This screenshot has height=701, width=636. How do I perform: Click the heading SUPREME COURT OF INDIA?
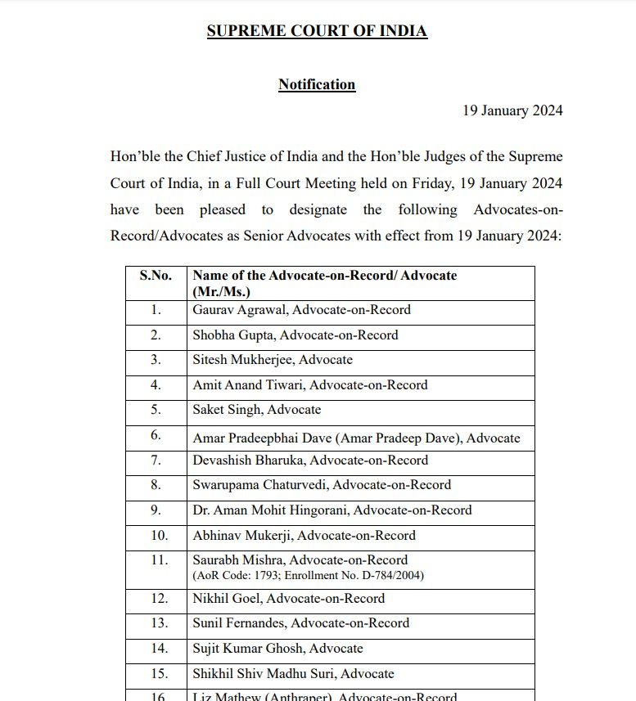(317, 32)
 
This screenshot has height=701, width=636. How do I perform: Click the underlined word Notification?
(317, 84)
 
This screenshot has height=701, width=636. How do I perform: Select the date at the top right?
(512, 110)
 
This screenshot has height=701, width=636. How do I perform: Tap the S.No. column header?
(156, 276)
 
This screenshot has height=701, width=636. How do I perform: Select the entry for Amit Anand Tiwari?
(309, 384)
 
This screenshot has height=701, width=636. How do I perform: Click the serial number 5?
(156, 410)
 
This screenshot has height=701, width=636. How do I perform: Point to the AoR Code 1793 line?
(308, 576)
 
